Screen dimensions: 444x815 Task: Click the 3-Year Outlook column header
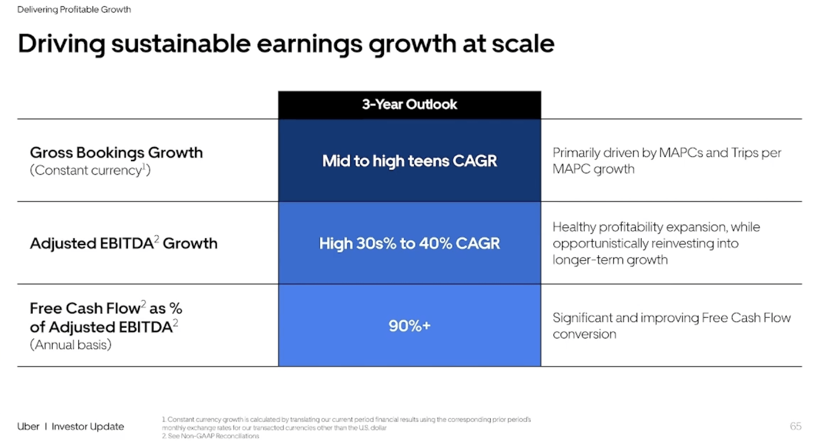[x=409, y=104]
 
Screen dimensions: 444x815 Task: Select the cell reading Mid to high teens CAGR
[x=409, y=161]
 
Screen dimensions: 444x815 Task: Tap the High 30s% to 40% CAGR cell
[x=409, y=244]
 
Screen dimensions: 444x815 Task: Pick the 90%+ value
[x=409, y=326]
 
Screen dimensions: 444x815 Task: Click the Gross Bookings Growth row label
[x=116, y=152]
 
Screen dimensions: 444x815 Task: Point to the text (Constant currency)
[x=90, y=170]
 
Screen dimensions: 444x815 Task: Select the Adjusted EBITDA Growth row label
[x=123, y=244]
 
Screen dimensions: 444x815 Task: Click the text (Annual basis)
[x=70, y=345]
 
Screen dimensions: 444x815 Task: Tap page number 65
[x=795, y=426]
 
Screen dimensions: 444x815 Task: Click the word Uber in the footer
[x=28, y=427]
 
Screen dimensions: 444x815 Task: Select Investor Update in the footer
[x=88, y=427]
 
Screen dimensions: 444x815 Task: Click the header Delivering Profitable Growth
[x=74, y=9]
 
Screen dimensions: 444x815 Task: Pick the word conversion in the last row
[x=584, y=334]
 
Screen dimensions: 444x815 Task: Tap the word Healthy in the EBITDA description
[x=574, y=227]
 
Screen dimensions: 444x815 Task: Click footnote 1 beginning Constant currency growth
[x=346, y=420]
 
